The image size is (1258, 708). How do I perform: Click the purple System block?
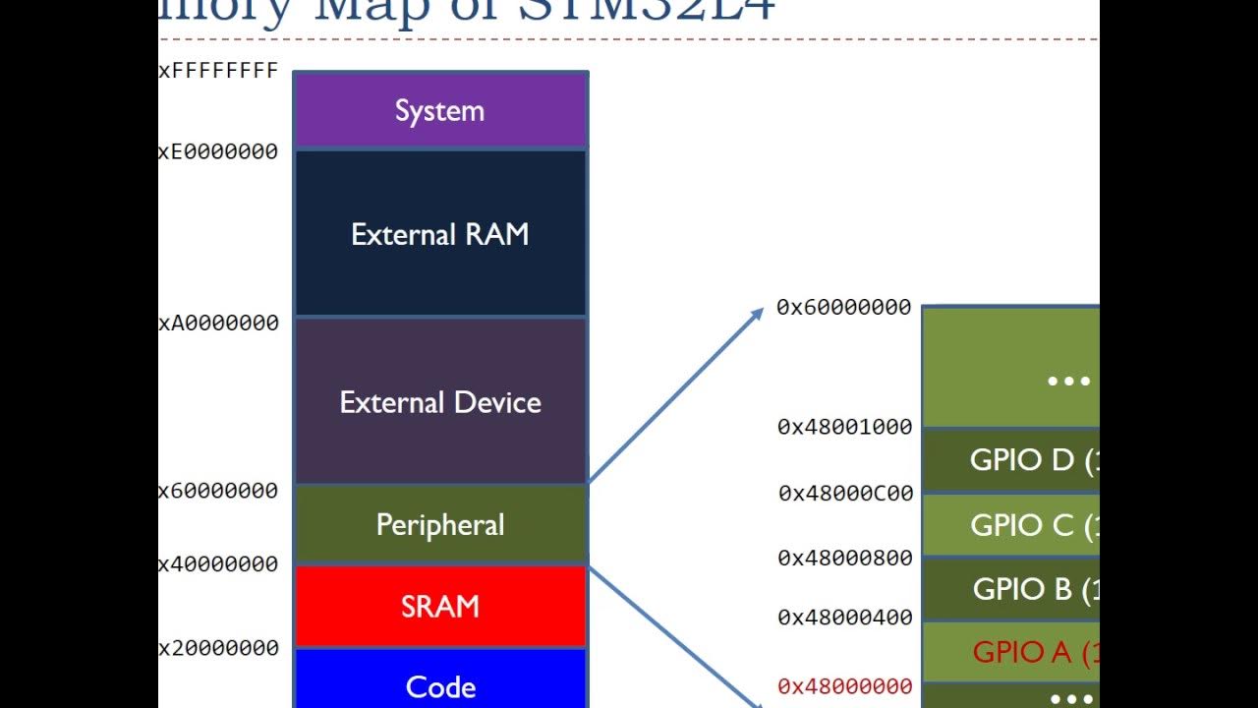tap(440, 110)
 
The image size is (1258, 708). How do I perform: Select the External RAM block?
tap(440, 234)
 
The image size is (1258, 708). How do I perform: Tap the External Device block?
tap(440, 401)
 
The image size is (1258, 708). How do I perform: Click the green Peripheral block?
tap(440, 524)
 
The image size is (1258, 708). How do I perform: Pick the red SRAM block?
tap(440, 606)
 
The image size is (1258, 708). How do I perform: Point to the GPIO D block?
tap(1022, 459)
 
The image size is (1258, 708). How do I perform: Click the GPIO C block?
tap(1022, 525)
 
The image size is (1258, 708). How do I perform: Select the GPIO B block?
tap(1022, 589)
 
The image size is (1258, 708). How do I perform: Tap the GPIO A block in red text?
tap(1022, 651)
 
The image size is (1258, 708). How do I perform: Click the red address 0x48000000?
tap(845, 686)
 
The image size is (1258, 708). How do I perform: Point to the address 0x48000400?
tap(845, 618)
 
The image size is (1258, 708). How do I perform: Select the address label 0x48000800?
tap(845, 558)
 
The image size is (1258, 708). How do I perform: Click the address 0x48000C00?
tap(846, 493)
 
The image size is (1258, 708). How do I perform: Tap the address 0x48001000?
tap(845, 427)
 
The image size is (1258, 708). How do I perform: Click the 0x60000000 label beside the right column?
tap(844, 307)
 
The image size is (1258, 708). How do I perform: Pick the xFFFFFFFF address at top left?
tap(218, 71)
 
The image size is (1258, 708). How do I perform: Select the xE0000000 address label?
tap(218, 151)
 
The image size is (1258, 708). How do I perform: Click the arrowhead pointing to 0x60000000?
tap(757, 314)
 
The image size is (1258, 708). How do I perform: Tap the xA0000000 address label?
tap(218, 323)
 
